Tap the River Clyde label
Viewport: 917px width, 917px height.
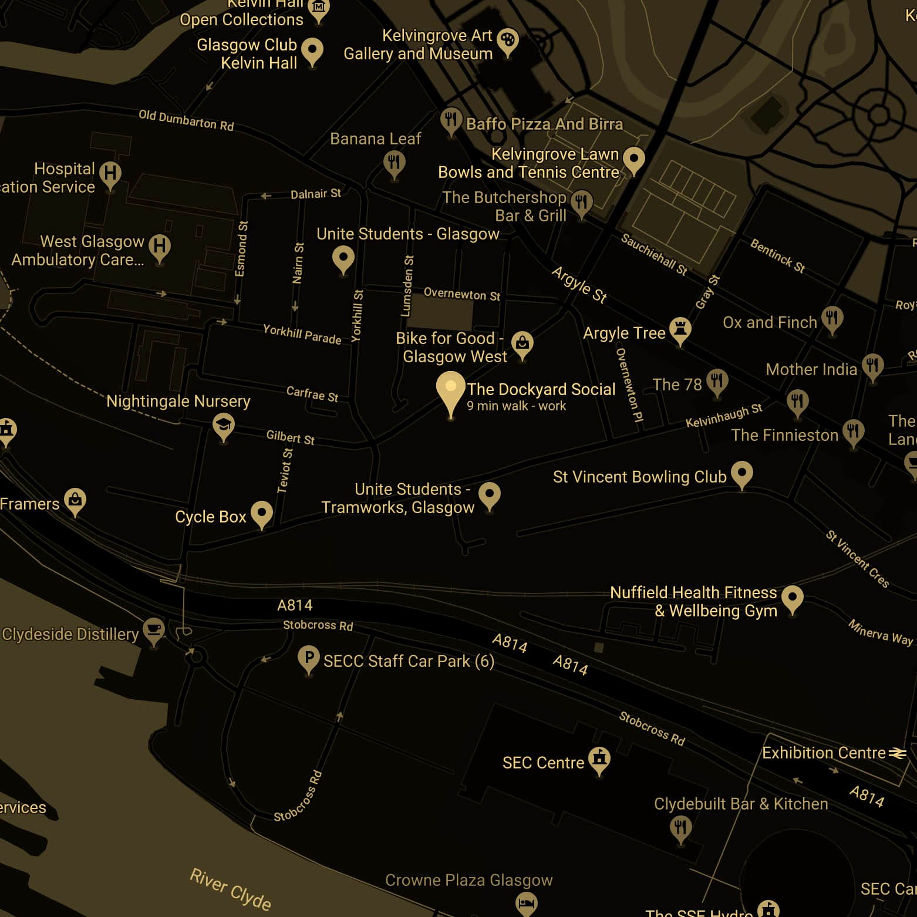click(230, 889)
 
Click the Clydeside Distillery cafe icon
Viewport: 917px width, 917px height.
click(154, 629)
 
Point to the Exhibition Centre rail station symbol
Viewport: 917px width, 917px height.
click(897, 753)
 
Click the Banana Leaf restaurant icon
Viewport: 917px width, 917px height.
click(394, 162)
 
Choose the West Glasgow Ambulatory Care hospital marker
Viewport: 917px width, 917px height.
click(159, 246)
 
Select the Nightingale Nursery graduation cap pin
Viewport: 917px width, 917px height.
click(223, 424)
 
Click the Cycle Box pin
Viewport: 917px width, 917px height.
click(261, 513)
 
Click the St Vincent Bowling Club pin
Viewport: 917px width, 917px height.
click(742, 472)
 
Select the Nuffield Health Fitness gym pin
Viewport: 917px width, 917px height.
click(792, 598)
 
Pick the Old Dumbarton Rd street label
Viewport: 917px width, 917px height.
click(186, 120)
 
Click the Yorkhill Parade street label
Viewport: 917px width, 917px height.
click(302, 333)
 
